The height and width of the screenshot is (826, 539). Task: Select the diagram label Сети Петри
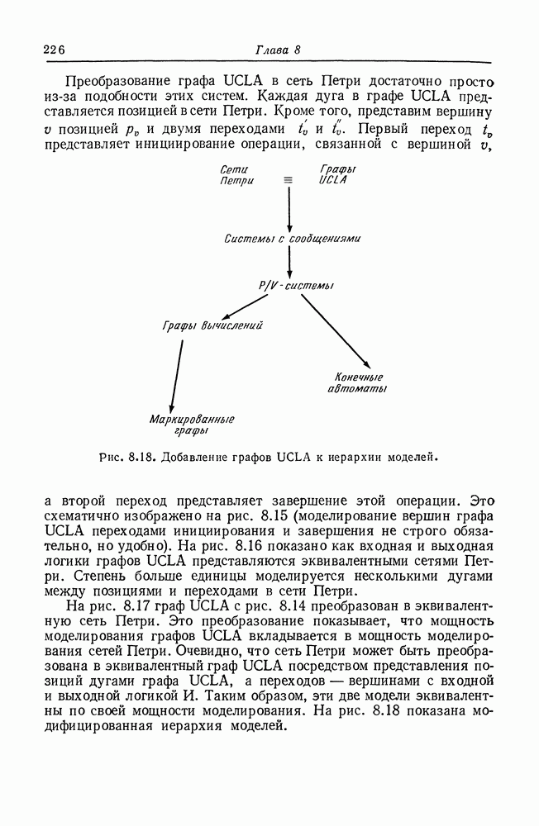click(238, 174)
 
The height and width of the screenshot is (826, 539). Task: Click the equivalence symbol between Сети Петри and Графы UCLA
click(288, 179)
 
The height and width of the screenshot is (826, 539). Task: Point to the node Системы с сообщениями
click(293, 239)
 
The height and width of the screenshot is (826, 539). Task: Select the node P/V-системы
click(295, 286)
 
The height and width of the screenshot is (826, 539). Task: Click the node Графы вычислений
click(212, 327)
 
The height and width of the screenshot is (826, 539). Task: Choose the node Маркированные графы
click(192, 425)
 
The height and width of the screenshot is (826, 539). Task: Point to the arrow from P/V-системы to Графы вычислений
click(245, 306)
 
